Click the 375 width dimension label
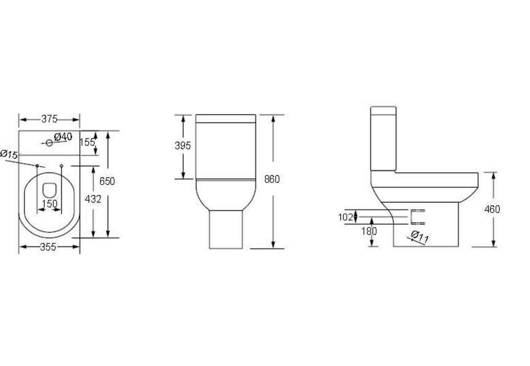49,119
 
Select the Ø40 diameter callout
63,137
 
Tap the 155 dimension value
87,142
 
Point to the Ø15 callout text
9,154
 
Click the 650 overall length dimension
107,181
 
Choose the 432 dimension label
92,199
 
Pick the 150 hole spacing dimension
50,203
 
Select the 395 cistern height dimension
183,146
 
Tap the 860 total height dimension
272,179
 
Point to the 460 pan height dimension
492,210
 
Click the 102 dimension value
345,217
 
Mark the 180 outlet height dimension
369,231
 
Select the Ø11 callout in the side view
420,237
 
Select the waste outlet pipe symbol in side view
418,216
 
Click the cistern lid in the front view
225,118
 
